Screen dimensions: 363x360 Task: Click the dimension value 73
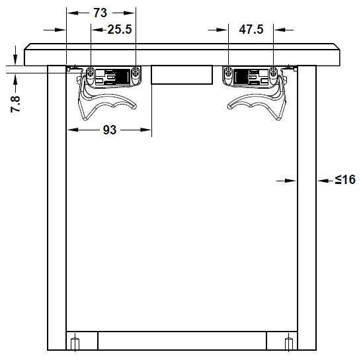click(x=101, y=13)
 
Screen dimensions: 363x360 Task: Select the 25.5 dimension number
click(x=120, y=29)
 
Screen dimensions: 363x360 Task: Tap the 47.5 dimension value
click(x=251, y=29)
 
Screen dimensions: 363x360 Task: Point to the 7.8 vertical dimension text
click(x=15, y=105)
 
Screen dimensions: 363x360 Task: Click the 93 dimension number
click(x=110, y=130)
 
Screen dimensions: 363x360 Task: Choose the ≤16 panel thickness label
click(x=345, y=180)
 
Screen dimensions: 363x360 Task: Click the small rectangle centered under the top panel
click(x=182, y=75)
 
